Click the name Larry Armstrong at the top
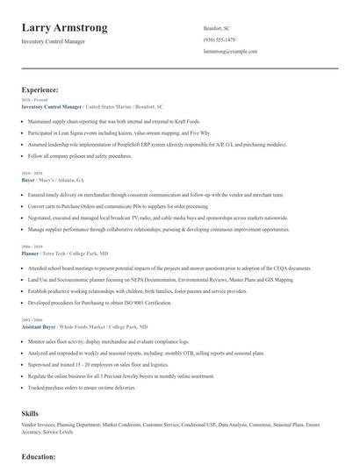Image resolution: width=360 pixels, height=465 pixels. coord(65,28)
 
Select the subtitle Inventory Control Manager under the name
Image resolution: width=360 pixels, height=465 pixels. coord(54,41)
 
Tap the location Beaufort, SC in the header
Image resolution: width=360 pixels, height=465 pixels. coord(219,27)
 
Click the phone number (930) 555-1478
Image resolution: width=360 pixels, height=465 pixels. coord(220,39)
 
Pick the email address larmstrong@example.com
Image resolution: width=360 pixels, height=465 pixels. coord(230,52)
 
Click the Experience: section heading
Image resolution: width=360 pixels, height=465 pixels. coord(40,89)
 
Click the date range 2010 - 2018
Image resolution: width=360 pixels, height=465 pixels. coord(31,174)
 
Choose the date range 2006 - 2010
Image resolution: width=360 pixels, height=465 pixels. coord(31,247)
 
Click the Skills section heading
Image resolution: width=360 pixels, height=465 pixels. coord(30,411)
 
